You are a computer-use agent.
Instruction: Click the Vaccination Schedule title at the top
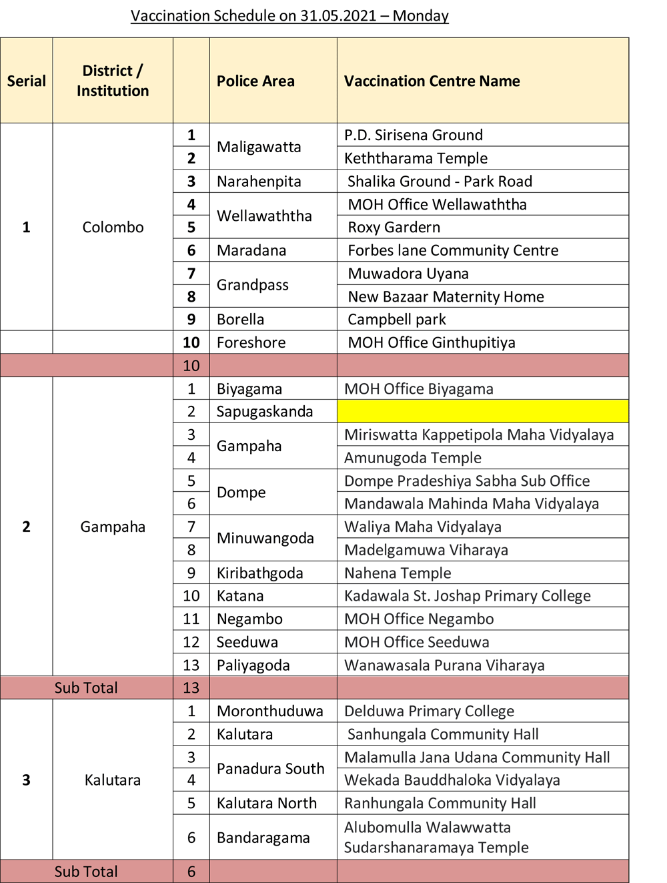tap(289, 15)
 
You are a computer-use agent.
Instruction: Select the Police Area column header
tap(255, 81)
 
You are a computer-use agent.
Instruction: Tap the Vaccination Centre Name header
tap(432, 81)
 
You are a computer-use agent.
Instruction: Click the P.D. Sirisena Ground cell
tap(413, 135)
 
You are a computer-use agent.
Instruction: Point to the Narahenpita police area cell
tap(259, 182)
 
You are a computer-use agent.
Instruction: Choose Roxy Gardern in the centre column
tap(394, 227)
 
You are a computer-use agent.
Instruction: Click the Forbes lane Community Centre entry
tap(453, 250)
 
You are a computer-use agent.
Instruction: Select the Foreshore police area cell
tap(251, 342)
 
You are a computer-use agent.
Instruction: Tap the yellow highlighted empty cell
tap(482, 411)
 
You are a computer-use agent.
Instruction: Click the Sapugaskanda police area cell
tap(264, 411)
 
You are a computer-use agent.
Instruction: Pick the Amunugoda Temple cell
tap(412, 458)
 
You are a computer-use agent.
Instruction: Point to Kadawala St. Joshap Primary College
tap(467, 596)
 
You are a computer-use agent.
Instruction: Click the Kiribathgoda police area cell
tap(259, 573)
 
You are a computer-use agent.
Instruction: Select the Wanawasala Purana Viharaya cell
tap(444, 665)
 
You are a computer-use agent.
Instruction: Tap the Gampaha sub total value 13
tap(191, 687)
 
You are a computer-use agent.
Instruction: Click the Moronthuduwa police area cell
tap(269, 711)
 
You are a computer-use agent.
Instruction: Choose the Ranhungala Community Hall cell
tap(440, 803)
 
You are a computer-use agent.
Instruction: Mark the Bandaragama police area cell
tap(263, 838)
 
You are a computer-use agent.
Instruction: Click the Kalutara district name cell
tap(113, 780)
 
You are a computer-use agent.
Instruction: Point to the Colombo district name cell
tap(113, 227)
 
